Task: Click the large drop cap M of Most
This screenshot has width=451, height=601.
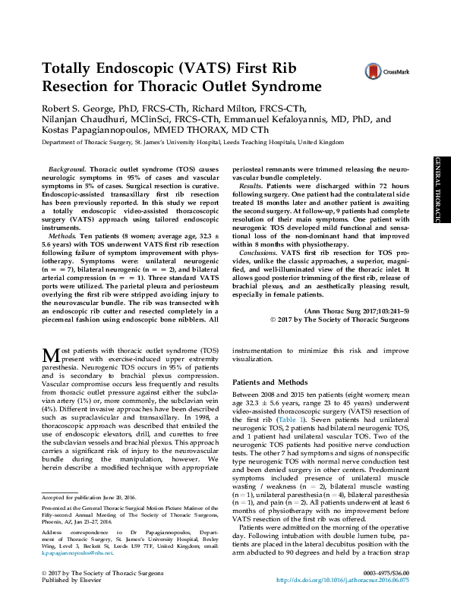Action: pos(49,355)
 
